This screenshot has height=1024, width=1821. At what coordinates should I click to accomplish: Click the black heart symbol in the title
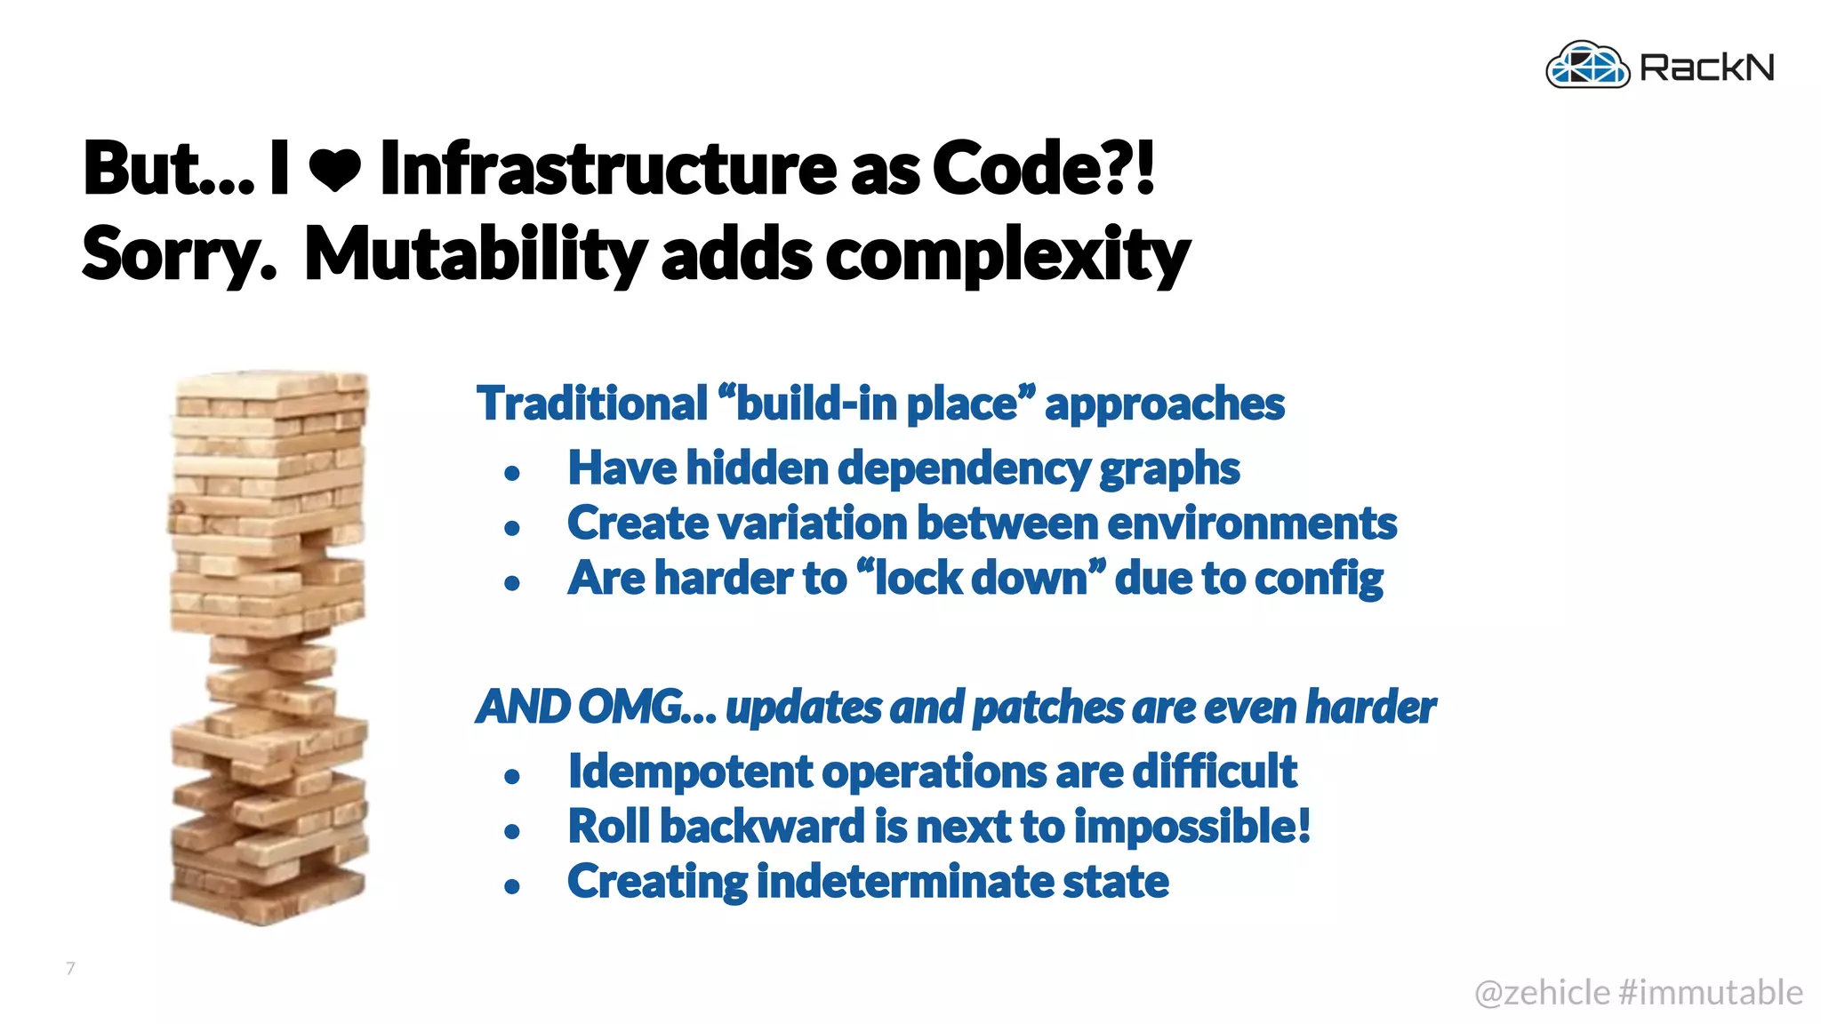tap(335, 169)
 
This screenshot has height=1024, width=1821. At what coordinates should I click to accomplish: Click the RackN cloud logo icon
tap(1588, 66)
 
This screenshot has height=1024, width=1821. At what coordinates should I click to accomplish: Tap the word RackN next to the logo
tap(1706, 68)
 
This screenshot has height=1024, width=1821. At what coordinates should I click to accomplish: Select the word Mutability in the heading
tap(474, 254)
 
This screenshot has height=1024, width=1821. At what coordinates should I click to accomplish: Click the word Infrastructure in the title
tap(607, 168)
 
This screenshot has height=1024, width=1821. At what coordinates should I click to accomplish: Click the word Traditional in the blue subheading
tap(592, 404)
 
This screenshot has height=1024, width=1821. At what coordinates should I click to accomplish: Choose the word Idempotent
tap(690, 771)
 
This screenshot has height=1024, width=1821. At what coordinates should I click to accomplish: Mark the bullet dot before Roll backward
tap(511, 831)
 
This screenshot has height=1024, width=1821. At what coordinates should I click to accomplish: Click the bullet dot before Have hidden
tap(511, 473)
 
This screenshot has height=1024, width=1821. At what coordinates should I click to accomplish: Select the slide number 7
tap(71, 968)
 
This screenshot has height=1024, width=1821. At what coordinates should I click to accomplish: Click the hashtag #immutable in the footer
tap(1711, 993)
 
